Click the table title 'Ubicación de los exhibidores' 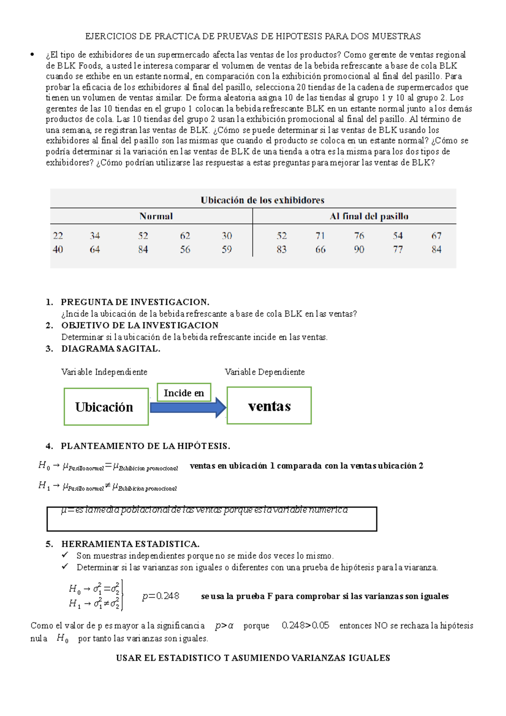click(x=262, y=200)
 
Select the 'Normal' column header click(x=156, y=216)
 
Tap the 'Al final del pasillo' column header click(x=369, y=216)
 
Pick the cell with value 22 click(x=58, y=236)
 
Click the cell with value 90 click(x=359, y=250)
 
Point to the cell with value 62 click(x=185, y=236)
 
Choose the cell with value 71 click(x=320, y=236)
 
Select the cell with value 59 click(x=227, y=250)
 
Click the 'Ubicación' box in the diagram click(x=106, y=406)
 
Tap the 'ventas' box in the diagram click(x=269, y=406)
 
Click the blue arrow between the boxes click(x=188, y=407)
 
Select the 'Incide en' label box click(x=184, y=393)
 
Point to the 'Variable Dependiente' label click(x=264, y=372)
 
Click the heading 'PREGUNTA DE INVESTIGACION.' click(x=135, y=302)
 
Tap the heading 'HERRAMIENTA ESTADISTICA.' click(x=130, y=544)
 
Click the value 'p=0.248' click(x=161, y=596)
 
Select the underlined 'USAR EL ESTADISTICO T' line click(x=253, y=658)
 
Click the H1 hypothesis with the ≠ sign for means click(x=108, y=487)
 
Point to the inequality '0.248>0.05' click(x=305, y=625)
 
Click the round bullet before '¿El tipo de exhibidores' click(x=32, y=55)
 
